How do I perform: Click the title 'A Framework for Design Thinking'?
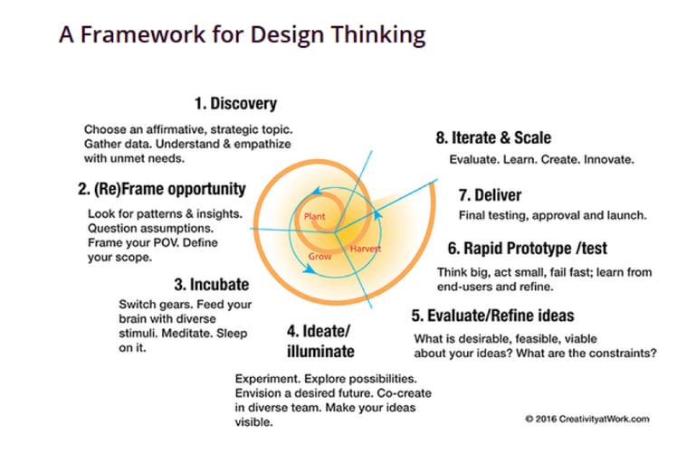pyautogui.click(x=242, y=35)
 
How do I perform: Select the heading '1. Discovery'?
pyautogui.click(x=235, y=104)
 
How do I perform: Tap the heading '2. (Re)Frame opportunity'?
pyautogui.click(x=162, y=189)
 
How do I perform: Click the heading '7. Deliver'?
pyautogui.click(x=490, y=194)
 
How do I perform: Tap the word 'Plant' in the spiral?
pyautogui.click(x=314, y=217)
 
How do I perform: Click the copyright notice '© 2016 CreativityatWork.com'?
pyautogui.click(x=586, y=419)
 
